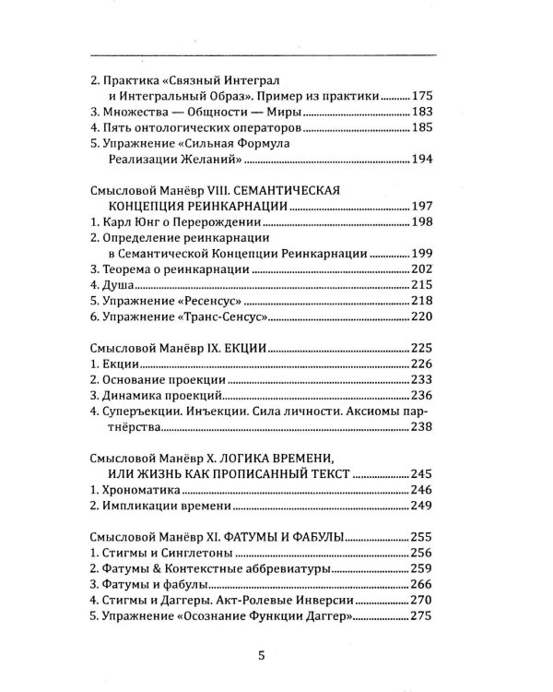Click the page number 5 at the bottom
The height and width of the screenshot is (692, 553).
pos(262,657)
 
